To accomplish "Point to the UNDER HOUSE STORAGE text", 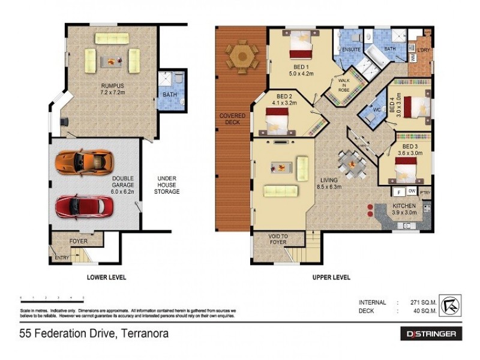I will [x=166, y=185].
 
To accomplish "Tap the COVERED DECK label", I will [x=231, y=119].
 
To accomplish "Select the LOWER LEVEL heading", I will [x=106, y=277].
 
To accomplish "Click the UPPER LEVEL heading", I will [x=331, y=277].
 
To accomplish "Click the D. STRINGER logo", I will [x=431, y=334].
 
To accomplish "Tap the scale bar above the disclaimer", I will [x=52, y=298].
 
